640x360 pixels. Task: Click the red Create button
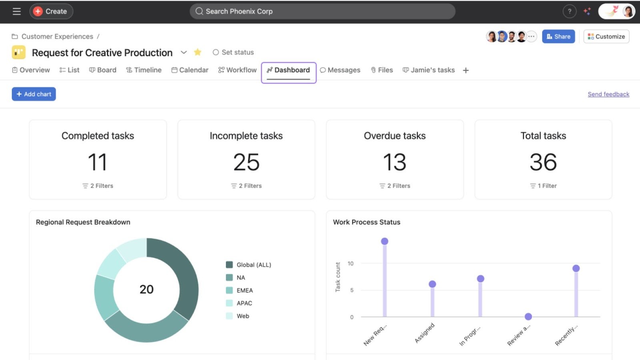pos(51,11)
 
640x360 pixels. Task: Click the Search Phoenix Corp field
pos(322,11)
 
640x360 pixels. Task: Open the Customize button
pos(606,36)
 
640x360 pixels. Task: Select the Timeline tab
pos(144,70)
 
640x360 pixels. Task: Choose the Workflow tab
pos(237,70)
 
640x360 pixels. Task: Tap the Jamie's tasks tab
pos(428,70)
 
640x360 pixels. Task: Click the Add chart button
pos(34,94)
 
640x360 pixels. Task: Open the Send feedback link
pos(608,94)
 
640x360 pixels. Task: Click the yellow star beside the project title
pos(197,52)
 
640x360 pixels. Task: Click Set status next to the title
pos(233,52)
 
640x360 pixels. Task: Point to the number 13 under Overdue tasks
pos(394,162)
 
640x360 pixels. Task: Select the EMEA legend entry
pos(244,290)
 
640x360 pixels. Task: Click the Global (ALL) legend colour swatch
pos(229,265)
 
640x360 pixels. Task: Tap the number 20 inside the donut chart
pos(146,289)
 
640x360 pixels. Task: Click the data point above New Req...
pos(384,241)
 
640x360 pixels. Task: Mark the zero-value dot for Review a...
pos(528,317)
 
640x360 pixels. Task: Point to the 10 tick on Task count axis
pos(350,264)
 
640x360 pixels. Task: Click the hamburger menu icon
pos(16,11)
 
